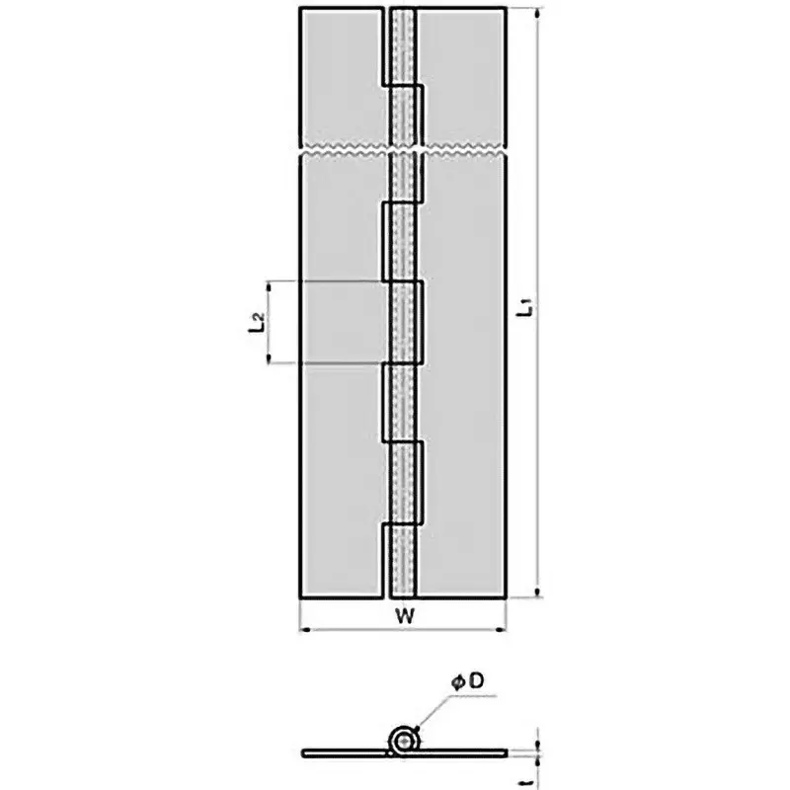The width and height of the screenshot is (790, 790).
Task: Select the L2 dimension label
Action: point(256,322)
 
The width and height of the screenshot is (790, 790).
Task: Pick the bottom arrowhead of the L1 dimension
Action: point(538,592)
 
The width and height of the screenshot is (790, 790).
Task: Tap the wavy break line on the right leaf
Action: point(464,152)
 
